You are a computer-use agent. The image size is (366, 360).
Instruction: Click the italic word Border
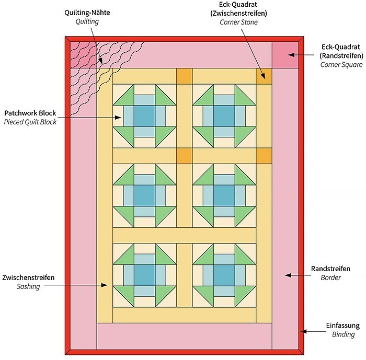click(x=330, y=277)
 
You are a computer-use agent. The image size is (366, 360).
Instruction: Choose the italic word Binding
click(x=343, y=334)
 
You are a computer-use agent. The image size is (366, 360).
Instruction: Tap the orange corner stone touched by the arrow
click(x=264, y=77)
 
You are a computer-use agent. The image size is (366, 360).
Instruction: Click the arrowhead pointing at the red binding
click(x=303, y=331)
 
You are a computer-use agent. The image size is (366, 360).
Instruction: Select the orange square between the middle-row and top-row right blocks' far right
click(x=264, y=156)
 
